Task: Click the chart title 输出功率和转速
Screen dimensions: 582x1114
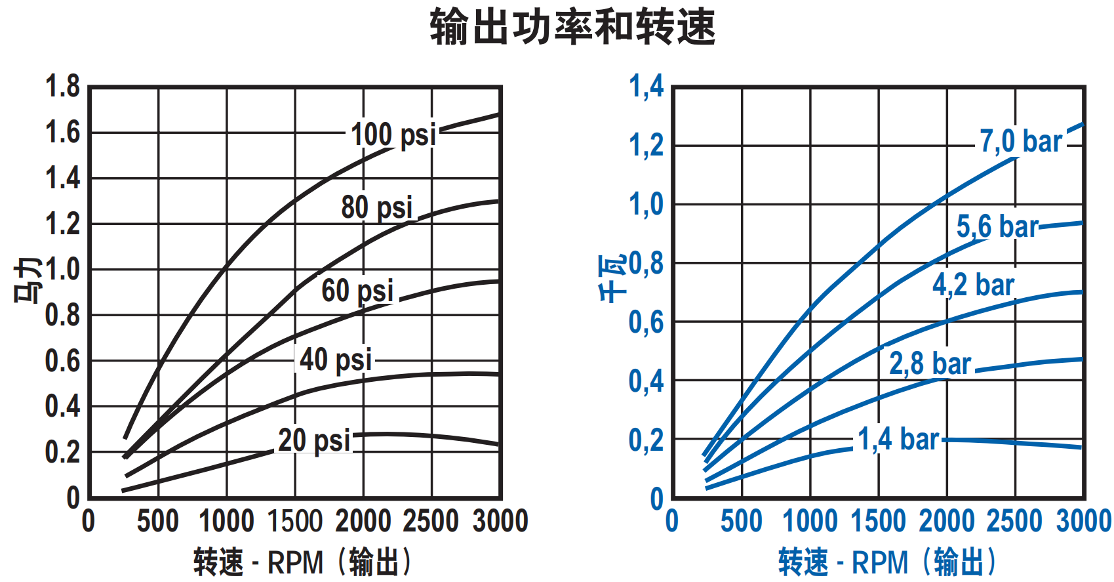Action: [x=572, y=27]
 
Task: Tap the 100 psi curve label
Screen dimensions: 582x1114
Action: [x=393, y=135]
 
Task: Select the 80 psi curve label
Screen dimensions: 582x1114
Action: [x=376, y=207]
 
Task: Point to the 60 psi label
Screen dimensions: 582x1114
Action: [x=357, y=291]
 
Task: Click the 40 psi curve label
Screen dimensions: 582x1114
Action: [x=336, y=360]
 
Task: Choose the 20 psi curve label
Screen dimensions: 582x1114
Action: [x=314, y=440]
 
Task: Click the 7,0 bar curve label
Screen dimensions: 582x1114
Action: [x=1020, y=142]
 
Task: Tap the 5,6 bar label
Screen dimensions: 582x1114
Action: [x=997, y=227]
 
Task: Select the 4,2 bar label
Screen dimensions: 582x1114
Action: [x=973, y=285]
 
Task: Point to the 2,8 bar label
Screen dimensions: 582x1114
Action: [x=930, y=364]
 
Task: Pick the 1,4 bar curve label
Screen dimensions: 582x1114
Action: [x=898, y=439]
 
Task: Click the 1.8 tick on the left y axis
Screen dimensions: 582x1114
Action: [x=62, y=87]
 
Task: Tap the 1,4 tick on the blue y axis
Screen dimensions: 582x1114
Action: [x=646, y=87]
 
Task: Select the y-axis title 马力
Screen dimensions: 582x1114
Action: [x=28, y=280]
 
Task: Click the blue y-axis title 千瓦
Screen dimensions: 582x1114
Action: [x=612, y=279]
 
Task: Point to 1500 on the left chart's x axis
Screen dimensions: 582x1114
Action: [x=295, y=522]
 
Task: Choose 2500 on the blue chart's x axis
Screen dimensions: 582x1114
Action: [x=1014, y=522]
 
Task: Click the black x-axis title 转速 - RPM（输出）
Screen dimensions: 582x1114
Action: [x=304, y=562]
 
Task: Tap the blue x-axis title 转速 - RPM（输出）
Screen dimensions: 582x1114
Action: [x=888, y=562]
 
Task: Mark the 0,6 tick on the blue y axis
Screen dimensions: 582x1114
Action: [x=646, y=322]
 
